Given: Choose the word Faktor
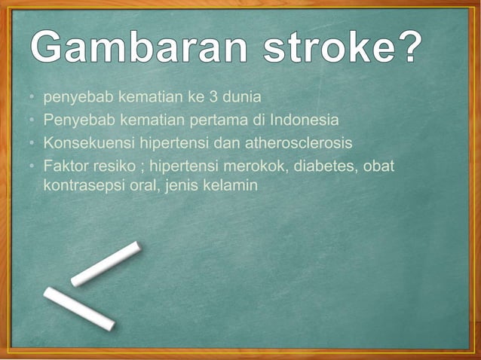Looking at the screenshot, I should [x=63, y=165].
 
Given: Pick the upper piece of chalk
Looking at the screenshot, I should [x=106, y=264].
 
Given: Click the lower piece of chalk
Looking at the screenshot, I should [x=78, y=308].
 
